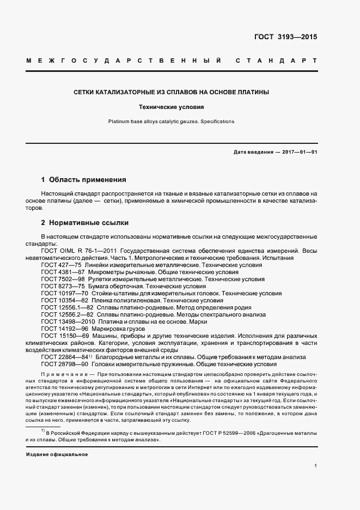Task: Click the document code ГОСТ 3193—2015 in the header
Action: click(285, 37)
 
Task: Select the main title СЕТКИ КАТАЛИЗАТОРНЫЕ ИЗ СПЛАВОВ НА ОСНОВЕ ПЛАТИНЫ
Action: click(172, 93)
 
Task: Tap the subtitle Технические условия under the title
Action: click(172, 108)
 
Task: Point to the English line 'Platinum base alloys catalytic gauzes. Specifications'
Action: click(172, 122)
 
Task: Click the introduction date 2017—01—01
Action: click(299, 152)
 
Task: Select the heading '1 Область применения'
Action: click(84, 179)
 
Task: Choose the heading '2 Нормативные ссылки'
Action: click(84, 223)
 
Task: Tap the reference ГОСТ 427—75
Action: click(60, 265)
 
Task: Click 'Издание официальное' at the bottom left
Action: click(57, 454)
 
